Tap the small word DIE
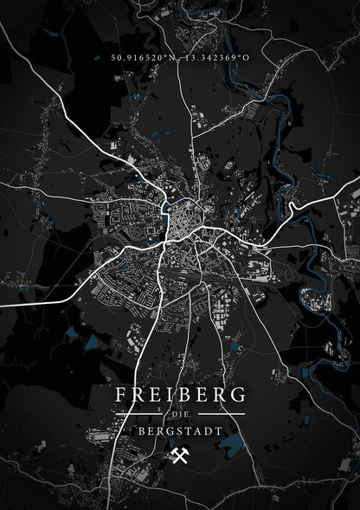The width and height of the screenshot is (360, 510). (x=180, y=416)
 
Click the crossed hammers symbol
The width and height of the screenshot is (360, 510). (x=180, y=455)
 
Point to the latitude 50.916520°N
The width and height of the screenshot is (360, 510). (x=142, y=57)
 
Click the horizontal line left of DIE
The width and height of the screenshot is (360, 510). (x=139, y=416)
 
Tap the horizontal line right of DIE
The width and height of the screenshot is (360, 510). (x=221, y=416)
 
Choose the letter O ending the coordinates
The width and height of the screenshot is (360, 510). (x=247, y=57)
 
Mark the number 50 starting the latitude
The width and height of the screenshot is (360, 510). (x=116, y=57)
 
